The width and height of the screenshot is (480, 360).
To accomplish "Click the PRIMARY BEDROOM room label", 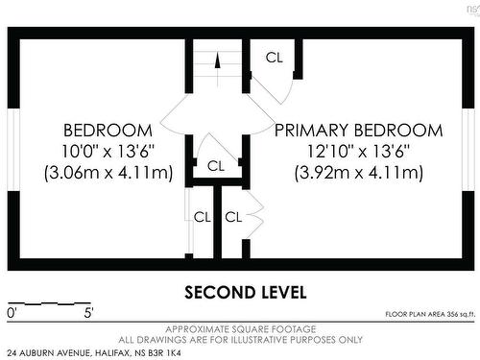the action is click(x=359, y=131).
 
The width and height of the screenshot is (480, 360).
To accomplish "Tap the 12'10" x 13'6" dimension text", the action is click(x=358, y=151).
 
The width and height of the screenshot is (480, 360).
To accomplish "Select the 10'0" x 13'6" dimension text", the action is click(x=108, y=151).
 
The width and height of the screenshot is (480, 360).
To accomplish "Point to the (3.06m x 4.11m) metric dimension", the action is click(x=108, y=173).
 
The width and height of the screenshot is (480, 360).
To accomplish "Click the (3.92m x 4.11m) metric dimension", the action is click(x=359, y=173).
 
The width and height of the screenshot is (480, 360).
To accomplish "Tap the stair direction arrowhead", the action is click(x=218, y=60).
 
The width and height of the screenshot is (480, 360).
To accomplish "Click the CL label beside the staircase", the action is click(x=275, y=58).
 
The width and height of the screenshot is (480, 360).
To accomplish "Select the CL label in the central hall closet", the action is click(x=216, y=166).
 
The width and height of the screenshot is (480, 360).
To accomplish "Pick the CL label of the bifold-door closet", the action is click(x=233, y=217).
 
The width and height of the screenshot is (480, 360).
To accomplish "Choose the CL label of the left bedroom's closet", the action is click(x=203, y=217).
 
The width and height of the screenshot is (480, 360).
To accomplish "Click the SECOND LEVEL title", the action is click(x=246, y=293).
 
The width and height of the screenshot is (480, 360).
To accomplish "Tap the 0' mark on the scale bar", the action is click(x=12, y=313).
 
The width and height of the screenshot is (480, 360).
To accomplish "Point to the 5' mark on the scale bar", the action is click(x=88, y=313).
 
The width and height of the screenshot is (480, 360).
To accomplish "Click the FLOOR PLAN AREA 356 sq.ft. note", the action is click(x=430, y=314).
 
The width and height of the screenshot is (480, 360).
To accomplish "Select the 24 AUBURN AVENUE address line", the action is click(x=94, y=353).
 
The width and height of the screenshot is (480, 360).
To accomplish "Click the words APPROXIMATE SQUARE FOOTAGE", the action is click(x=241, y=329).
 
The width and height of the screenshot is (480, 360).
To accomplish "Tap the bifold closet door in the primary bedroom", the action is click(x=256, y=214).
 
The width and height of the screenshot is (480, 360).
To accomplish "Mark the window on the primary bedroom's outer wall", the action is click(x=468, y=150).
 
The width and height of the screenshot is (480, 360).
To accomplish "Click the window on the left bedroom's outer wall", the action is click(x=13, y=150).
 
